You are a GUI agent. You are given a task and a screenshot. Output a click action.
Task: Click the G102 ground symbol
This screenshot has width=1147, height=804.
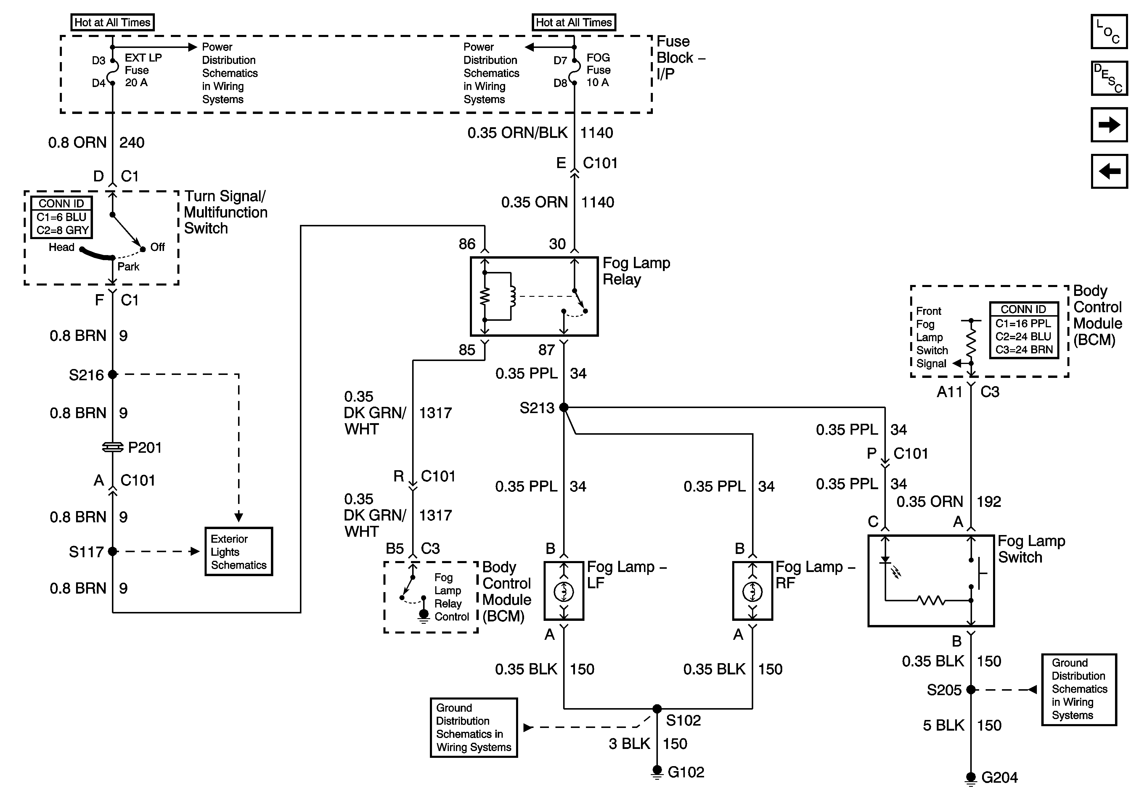(x=657, y=772)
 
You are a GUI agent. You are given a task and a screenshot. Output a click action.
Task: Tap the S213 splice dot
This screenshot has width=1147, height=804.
(x=564, y=407)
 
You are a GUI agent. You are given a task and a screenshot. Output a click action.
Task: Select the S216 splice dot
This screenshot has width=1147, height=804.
(x=113, y=374)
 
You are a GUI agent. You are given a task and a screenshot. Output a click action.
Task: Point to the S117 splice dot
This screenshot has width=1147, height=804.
(x=113, y=551)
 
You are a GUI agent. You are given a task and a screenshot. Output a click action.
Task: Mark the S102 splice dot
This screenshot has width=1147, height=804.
(x=657, y=709)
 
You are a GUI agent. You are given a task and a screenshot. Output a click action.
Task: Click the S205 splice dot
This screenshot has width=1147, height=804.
(x=971, y=690)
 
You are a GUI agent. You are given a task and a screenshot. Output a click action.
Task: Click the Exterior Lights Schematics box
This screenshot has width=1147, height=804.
(x=239, y=551)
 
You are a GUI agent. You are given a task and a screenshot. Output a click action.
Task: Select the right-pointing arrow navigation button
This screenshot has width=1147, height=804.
(x=1109, y=124)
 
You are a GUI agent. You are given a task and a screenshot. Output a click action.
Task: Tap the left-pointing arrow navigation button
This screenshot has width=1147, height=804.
(x=1109, y=171)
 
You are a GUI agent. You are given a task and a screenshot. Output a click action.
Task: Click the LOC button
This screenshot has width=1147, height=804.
(x=1109, y=31)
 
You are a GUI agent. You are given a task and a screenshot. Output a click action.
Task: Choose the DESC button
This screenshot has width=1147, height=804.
(x=1109, y=78)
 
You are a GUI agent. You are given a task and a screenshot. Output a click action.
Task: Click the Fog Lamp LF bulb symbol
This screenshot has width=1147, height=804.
(x=564, y=592)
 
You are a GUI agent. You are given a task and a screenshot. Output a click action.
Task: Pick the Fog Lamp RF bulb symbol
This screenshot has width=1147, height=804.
(x=752, y=592)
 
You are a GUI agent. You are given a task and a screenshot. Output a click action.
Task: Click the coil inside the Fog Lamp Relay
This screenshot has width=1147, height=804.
(x=512, y=297)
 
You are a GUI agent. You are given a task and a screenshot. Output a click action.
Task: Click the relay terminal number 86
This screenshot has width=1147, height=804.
(x=467, y=244)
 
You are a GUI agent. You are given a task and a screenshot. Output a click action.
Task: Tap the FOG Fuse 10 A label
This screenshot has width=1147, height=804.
(x=598, y=70)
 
